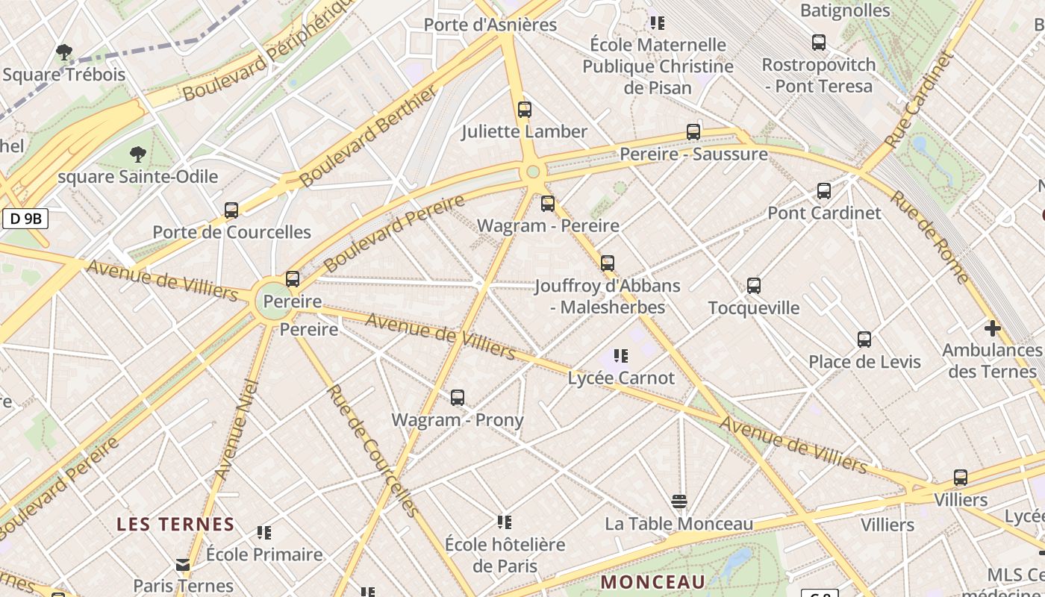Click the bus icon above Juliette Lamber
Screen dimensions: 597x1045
[525, 110]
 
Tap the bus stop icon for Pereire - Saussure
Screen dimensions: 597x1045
[693, 132]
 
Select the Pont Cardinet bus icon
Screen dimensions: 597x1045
[824, 191]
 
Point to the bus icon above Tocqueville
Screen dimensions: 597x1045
[754, 286]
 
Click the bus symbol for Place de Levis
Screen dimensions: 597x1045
[864, 340]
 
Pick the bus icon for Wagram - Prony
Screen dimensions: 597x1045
[458, 398]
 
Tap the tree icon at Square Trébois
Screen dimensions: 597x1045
[64, 52]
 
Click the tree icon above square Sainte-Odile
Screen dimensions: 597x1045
[137, 154]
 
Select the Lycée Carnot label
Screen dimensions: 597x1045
[621, 378]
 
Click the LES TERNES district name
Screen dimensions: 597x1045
[175, 525]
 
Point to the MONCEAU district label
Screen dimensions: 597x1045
[653, 581]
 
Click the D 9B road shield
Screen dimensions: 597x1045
[25, 219]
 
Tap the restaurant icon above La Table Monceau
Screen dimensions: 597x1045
[679, 501]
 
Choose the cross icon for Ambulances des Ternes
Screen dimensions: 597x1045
[992, 328]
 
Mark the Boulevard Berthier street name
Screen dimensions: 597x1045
[367, 137]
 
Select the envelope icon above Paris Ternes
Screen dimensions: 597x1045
[183, 564]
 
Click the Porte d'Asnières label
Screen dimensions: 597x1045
[490, 25]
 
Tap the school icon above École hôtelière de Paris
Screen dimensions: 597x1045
[505, 522]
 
